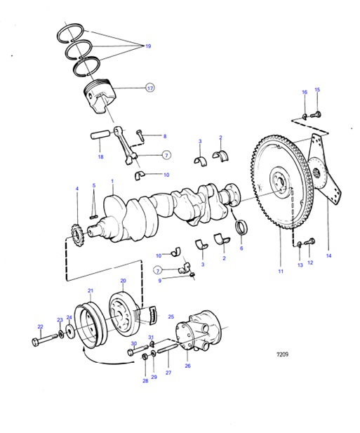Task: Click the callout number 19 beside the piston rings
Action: click(x=148, y=46)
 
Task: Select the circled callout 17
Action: click(x=149, y=88)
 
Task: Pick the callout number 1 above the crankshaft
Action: click(x=112, y=180)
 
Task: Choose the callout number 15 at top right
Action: click(x=316, y=90)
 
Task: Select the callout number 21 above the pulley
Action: click(x=90, y=290)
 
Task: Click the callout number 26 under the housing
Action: click(x=187, y=366)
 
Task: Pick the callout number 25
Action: click(x=171, y=317)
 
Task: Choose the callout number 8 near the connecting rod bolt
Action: click(x=165, y=136)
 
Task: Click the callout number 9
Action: click(x=159, y=281)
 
